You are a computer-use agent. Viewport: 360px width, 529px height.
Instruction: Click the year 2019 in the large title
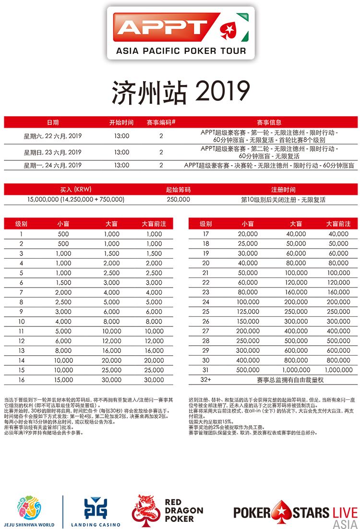[x=223, y=92]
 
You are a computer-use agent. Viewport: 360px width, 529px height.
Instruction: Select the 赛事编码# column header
[x=161, y=122]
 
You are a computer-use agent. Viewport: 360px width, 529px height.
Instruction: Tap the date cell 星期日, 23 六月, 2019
[x=53, y=152]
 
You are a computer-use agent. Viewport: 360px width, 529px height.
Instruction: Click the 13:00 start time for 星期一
[x=121, y=165]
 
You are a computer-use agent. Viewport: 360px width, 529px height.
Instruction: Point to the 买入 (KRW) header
[x=76, y=190]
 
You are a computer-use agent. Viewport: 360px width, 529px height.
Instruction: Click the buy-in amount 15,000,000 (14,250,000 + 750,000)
[x=76, y=199]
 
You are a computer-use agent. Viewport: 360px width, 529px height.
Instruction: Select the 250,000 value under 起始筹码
[x=178, y=199]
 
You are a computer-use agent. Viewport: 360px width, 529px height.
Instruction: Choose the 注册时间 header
[x=283, y=190]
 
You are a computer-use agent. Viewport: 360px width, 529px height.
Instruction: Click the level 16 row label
[x=22, y=380]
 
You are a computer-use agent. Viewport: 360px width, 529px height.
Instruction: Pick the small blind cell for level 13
[x=63, y=350]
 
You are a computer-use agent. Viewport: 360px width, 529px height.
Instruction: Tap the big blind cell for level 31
[x=296, y=370]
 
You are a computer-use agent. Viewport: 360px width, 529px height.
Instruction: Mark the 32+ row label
[x=206, y=380]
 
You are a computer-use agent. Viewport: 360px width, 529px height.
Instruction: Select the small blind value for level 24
[x=248, y=302]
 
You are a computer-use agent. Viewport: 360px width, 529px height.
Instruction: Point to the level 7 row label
[x=22, y=292]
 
